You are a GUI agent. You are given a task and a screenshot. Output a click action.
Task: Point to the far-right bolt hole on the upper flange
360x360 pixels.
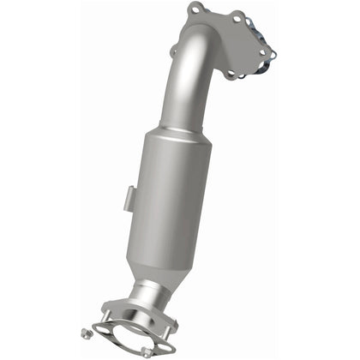pos(272,51)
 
